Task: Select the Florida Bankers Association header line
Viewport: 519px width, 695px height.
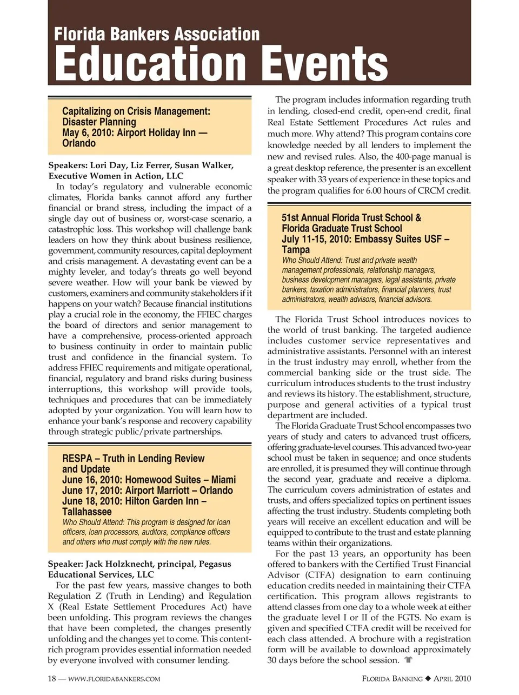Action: pos(157,34)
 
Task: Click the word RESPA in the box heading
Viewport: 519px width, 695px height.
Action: pos(77,459)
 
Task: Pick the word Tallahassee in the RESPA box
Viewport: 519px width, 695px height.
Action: pos(87,512)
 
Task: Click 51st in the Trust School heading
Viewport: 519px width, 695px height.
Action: pos(290,218)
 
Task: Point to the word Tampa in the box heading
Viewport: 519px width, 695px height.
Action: pos(296,250)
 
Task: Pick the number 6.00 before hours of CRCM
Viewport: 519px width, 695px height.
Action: pos(376,191)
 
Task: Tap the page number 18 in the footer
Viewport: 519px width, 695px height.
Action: pos(52,678)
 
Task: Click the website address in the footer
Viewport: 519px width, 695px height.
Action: pos(114,679)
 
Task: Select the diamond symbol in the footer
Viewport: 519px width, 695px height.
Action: pos(427,678)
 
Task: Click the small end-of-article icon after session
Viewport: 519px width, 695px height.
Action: pos(408,660)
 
